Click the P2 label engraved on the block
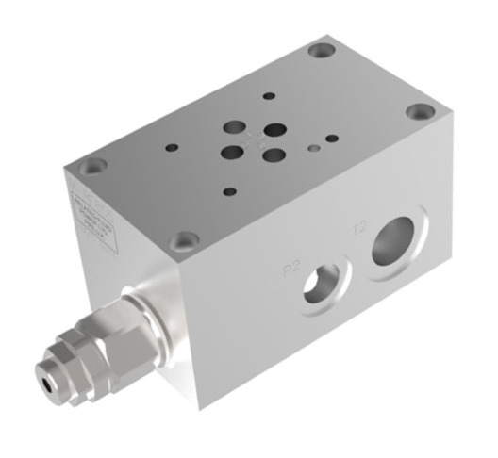[x=293, y=268]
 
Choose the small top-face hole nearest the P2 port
[x=229, y=189]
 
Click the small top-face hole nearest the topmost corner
[x=270, y=96]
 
